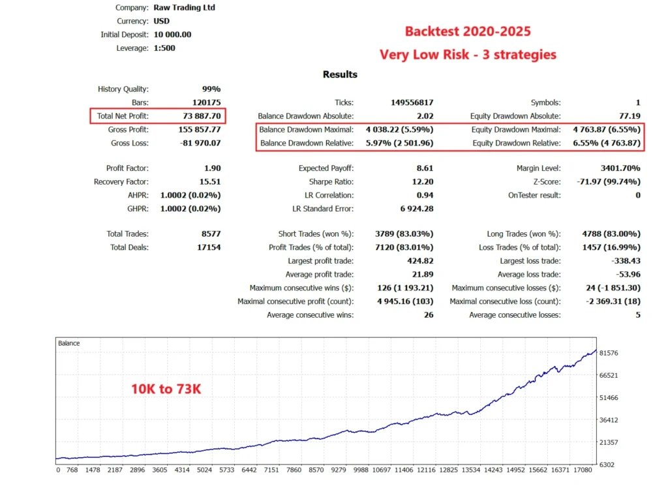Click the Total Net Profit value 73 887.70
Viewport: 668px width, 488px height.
tap(202, 116)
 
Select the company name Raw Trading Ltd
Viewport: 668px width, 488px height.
tap(184, 8)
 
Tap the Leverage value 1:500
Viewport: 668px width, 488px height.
tap(164, 48)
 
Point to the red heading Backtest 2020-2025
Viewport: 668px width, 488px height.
tap(468, 31)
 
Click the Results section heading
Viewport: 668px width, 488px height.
tap(340, 74)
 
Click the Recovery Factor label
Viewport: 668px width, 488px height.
tap(121, 182)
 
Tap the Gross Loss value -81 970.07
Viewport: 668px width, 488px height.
tap(199, 143)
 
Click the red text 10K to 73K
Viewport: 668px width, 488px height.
tap(166, 389)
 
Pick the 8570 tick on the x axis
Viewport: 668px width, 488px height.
tap(315, 470)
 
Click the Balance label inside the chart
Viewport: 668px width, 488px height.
tap(68, 343)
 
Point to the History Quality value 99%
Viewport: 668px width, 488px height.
tap(211, 89)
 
